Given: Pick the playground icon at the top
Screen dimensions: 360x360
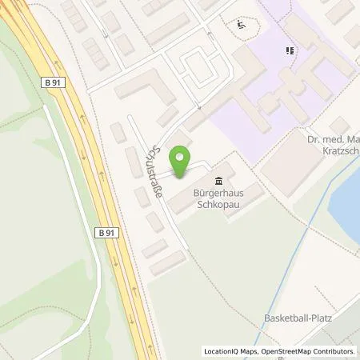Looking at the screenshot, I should coord(241,24).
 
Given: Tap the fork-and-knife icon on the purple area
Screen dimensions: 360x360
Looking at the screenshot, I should coord(289,51).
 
